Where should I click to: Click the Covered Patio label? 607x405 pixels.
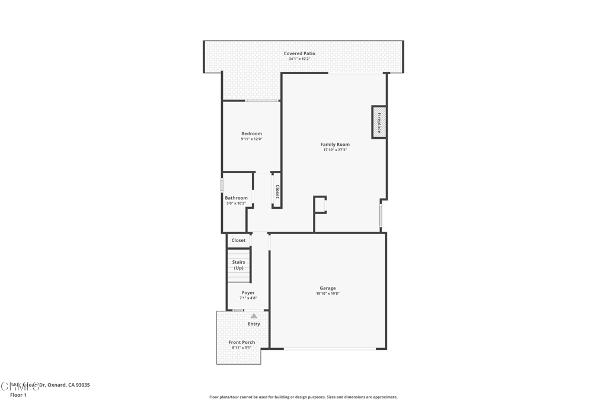pos(299,53)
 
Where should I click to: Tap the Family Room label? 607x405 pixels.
pos(335,144)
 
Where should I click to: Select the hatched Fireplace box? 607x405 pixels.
pos(379,122)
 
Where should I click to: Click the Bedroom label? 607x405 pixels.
pos(251,133)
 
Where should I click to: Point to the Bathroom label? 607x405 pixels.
pos(236,197)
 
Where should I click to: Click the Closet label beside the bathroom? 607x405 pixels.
pos(277,191)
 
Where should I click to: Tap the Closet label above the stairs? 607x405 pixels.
pos(238,240)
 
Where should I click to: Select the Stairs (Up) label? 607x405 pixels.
pos(238,264)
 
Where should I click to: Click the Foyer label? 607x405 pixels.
pos(248,292)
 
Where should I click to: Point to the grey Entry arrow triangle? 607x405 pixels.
pos(254,316)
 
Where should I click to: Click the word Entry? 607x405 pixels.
pos(254,324)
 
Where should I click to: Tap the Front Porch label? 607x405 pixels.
pos(242,342)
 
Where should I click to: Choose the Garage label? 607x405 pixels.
pos(328,288)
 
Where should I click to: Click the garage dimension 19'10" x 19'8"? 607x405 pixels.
pos(328,294)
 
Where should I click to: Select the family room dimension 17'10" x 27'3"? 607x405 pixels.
pos(335,150)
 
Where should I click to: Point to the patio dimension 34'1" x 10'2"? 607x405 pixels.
pos(299,59)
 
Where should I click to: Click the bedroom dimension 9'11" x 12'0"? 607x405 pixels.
pos(251,139)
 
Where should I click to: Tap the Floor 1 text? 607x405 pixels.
pos(18,395)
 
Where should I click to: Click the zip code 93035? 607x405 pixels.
pos(82,385)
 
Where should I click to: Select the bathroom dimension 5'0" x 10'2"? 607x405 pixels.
pos(236,203)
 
